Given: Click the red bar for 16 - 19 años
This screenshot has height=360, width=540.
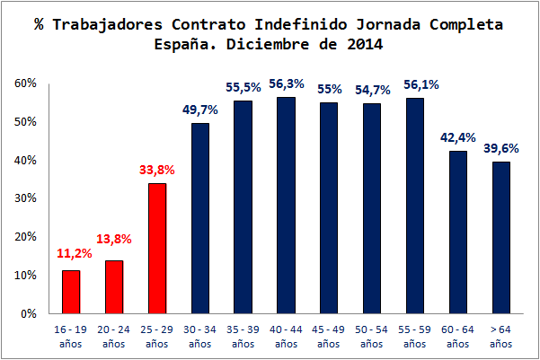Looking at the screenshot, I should tap(71, 292).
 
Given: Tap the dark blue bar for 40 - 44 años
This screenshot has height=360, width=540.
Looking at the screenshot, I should tap(286, 206).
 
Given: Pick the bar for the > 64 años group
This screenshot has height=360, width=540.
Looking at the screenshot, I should tap(500, 238).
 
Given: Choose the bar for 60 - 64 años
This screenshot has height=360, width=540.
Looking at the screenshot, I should tap(457, 233).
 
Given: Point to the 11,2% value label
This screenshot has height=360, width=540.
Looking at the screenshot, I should tap(71, 254).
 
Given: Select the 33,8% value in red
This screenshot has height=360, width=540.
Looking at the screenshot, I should tap(157, 168).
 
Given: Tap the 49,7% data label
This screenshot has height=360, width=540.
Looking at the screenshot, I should tap(200, 109).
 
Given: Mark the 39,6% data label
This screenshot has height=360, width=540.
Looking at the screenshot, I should tap(500, 147).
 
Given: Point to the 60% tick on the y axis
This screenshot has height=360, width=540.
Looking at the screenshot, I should tap(24, 83).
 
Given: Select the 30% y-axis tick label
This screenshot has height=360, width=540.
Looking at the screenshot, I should tap(24, 198).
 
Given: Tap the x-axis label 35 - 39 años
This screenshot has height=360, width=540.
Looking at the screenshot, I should tap(243, 336).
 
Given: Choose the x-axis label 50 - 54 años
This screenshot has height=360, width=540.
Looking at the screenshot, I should tap(371, 336).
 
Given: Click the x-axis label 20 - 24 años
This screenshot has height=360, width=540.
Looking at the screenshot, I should tap(114, 336).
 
